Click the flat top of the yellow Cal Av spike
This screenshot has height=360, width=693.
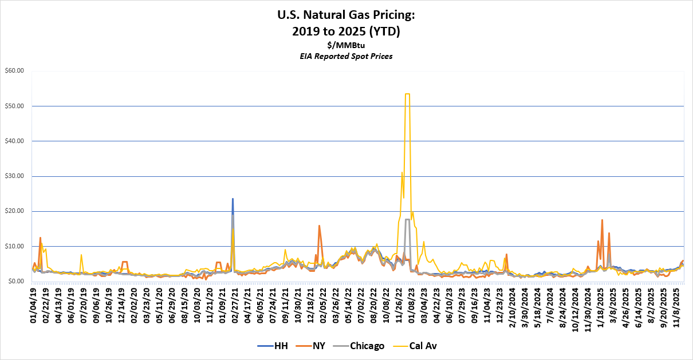pyautogui.click(x=407, y=94)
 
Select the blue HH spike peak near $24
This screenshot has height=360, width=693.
pyautogui.click(x=233, y=199)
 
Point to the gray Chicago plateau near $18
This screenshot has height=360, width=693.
pyautogui.click(x=407, y=219)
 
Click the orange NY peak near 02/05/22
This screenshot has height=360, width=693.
pyautogui.click(x=319, y=226)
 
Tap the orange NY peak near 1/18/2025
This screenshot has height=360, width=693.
pyautogui.click(x=602, y=220)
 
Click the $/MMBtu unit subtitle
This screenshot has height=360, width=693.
pyautogui.click(x=346, y=45)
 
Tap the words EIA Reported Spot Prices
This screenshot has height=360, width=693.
pyautogui.click(x=346, y=56)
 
